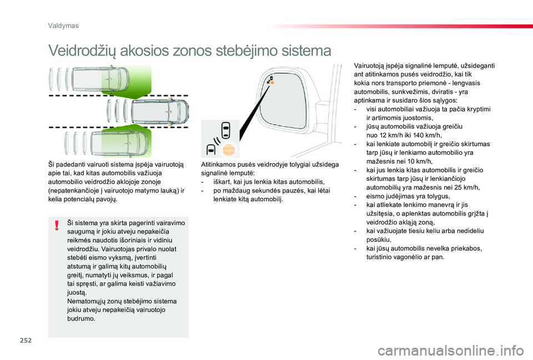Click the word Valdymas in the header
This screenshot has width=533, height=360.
click(x=63, y=26)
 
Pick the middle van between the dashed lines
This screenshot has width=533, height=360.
click(x=150, y=111)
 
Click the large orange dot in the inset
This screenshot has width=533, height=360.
click(x=228, y=150)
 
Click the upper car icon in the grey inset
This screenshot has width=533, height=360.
click(x=225, y=131)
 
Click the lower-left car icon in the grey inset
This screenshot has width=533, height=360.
click(x=212, y=149)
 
